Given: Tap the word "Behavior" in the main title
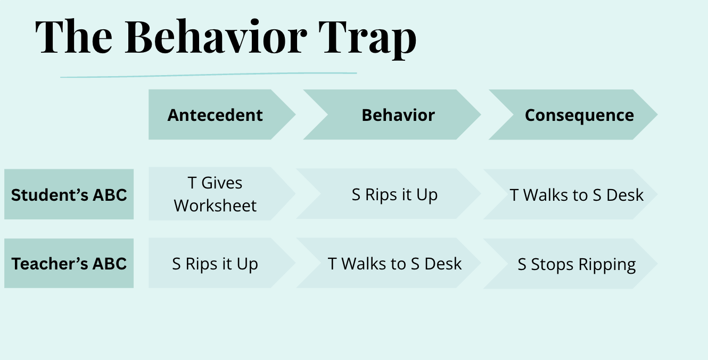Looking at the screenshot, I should [216, 37].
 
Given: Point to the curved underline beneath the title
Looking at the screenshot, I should [208, 75].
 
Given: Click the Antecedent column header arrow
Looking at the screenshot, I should [215, 115].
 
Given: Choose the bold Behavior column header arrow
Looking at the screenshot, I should [398, 115].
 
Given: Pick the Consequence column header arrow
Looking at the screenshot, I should [579, 115].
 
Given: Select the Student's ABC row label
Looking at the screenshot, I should [69, 194].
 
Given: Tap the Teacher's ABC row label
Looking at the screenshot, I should [69, 264].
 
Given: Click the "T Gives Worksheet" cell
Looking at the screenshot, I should [215, 194].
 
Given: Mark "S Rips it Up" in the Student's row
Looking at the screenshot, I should [394, 194].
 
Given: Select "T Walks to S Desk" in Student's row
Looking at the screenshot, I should [577, 195].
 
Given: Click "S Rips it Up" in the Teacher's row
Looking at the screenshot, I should [215, 264].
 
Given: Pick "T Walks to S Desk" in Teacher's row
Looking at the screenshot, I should [394, 264].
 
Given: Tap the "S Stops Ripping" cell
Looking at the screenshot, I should [577, 265].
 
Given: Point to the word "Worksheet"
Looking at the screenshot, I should [215, 206].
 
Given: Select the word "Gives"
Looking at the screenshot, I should [222, 183].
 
